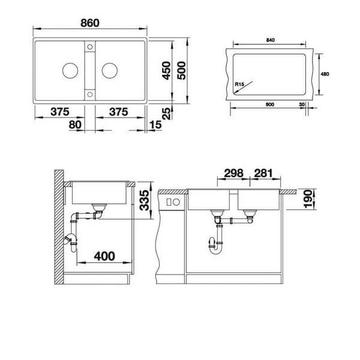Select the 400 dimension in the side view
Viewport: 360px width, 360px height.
[x=104, y=256]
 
